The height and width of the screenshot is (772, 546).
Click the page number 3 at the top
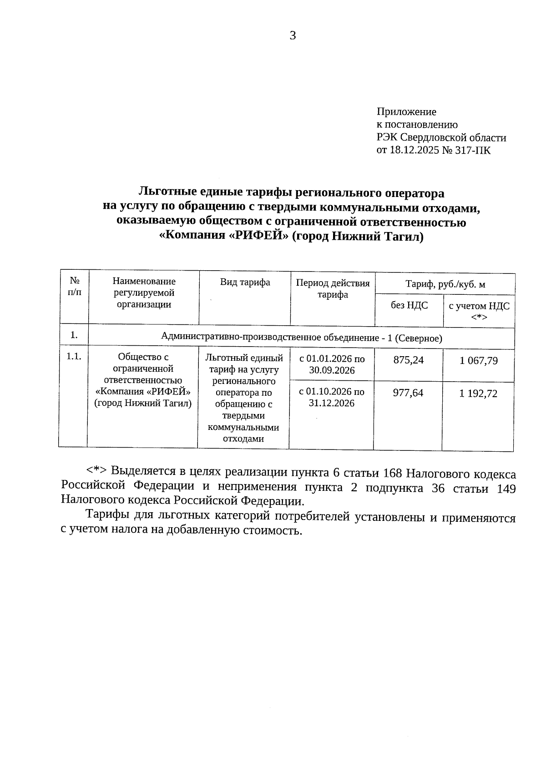tap(293, 36)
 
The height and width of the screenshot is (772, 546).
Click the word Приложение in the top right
tap(406, 112)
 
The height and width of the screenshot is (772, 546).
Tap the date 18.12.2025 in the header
tap(413, 150)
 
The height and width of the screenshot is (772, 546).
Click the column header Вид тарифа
tap(245, 283)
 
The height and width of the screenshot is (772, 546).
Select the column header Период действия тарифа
tap(333, 288)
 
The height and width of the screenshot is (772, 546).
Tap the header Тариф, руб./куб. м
tap(445, 285)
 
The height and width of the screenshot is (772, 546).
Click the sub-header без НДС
tap(409, 305)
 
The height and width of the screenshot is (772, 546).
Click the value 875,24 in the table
tap(408, 360)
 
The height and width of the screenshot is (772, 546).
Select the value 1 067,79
tap(478, 361)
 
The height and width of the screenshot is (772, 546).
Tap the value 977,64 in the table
tap(408, 393)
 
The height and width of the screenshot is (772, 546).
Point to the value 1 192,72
tap(478, 394)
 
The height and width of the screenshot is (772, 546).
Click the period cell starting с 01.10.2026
tap(332, 397)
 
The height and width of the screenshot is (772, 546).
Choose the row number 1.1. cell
tap(74, 357)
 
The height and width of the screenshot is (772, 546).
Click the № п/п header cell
tap(74, 287)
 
